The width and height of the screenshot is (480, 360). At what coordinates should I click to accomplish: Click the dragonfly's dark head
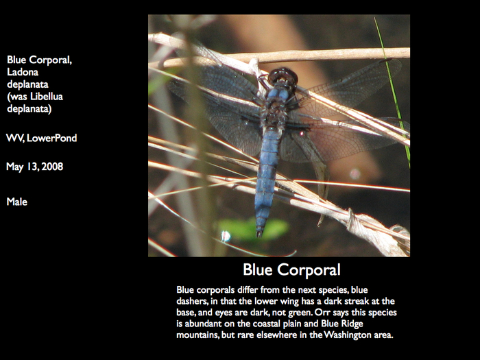283,77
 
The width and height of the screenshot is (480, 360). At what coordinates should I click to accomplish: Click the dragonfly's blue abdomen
267,178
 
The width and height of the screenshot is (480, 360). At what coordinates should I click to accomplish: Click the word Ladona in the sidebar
23,72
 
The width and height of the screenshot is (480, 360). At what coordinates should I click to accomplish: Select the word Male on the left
17,202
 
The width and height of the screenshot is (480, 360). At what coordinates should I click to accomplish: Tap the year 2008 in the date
52,167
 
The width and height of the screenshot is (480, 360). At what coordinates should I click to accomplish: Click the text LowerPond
51,138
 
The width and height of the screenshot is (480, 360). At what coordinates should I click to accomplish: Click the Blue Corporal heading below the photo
291,269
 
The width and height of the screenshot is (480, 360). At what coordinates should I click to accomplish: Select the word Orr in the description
322,312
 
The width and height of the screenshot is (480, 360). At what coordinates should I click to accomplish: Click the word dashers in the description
192,301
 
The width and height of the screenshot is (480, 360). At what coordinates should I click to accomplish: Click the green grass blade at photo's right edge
394,92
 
